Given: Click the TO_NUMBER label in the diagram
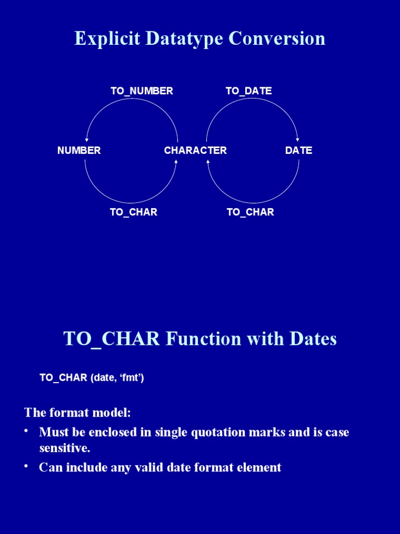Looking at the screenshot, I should click(142, 91).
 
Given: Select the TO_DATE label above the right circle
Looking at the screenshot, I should click(248, 91).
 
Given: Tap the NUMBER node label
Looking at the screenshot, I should click(79, 151).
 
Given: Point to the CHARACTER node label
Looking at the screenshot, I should click(195, 151).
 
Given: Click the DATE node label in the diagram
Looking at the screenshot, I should click(298, 151).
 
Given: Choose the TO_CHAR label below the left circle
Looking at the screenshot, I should click(133, 212).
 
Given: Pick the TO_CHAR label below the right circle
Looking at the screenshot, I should click(250, 212).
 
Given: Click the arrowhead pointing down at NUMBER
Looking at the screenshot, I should click(86, 140).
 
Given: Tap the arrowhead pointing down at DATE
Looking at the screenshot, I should click(297, 139).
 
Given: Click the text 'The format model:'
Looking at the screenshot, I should click(78, 413).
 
